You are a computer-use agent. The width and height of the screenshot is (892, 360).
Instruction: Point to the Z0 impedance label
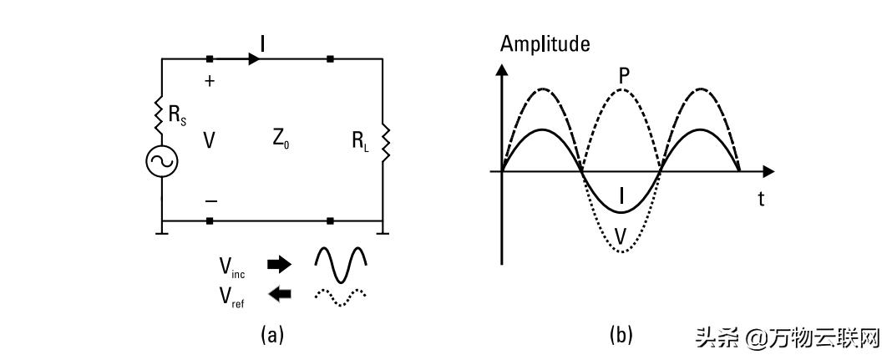[279, 139]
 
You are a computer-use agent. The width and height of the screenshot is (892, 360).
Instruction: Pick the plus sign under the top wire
[210, 81]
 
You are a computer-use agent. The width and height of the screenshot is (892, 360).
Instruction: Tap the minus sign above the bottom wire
[210, 200]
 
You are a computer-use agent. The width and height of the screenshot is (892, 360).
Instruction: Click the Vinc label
[231, 266]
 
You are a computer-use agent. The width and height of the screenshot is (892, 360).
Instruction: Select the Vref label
[231, 297]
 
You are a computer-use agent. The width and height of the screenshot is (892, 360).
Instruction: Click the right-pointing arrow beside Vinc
[279, 264]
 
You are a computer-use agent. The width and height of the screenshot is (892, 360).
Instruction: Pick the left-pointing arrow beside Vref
[279, 293]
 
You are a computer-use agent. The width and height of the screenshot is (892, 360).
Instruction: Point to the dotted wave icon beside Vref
[341, 297]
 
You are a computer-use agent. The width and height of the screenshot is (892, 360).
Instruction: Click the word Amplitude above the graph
[545, 43]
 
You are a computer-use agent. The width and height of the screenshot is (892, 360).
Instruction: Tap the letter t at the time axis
[761, 199]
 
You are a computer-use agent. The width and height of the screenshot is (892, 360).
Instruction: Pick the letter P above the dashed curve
[624, 76]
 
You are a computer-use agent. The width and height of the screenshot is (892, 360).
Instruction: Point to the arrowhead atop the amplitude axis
[501, 70]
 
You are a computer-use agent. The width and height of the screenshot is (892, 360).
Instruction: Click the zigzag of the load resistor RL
[386, 143]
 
